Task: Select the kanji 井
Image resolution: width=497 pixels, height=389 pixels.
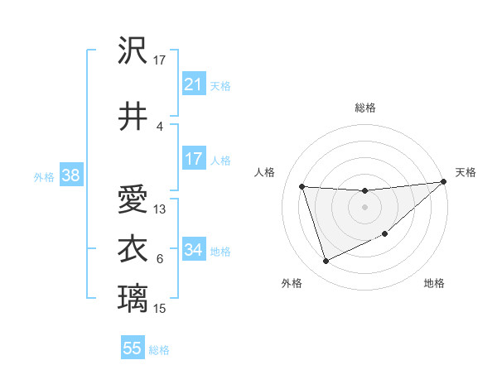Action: [133, 117]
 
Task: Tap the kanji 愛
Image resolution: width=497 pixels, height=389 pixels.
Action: [133, 201]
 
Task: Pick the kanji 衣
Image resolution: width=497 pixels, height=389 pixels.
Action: [133, 248]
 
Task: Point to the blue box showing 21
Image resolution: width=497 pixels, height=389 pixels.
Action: [193, 84]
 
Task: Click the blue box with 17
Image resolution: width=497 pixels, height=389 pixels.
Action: [193, 159]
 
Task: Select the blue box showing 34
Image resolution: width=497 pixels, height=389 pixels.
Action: [193, 250]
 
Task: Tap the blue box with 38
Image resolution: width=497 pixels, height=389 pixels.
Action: [70, 175]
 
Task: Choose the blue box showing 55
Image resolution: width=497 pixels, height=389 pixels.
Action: [133, 348]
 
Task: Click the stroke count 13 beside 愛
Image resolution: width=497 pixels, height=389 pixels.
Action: [160, 209]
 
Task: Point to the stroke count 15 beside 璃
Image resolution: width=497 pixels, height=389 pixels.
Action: [160, 309]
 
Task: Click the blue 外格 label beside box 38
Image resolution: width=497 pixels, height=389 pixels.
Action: [44, 176]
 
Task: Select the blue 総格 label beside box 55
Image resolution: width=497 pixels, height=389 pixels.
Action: [159, 349]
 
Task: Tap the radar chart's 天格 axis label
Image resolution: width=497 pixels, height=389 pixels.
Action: [466, 172]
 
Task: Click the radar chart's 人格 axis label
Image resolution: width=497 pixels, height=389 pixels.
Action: [265, 172]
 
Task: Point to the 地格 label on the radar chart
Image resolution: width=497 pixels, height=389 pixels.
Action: [434, 283]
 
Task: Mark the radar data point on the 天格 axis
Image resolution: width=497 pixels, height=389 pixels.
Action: [443, 182]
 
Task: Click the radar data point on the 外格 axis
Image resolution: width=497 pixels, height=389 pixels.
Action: [326, 262]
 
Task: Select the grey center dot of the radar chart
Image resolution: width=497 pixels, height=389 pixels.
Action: [364, 207]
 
